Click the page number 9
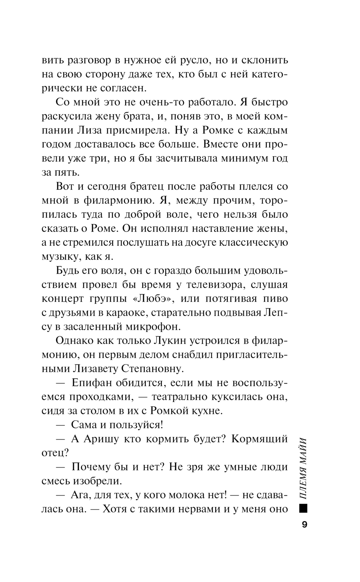tap(304, 525)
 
